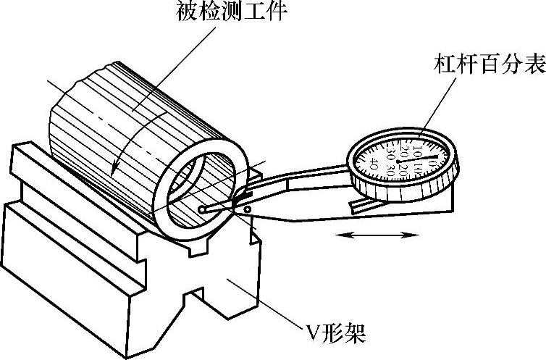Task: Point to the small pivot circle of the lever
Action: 248,210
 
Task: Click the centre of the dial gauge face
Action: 400,159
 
